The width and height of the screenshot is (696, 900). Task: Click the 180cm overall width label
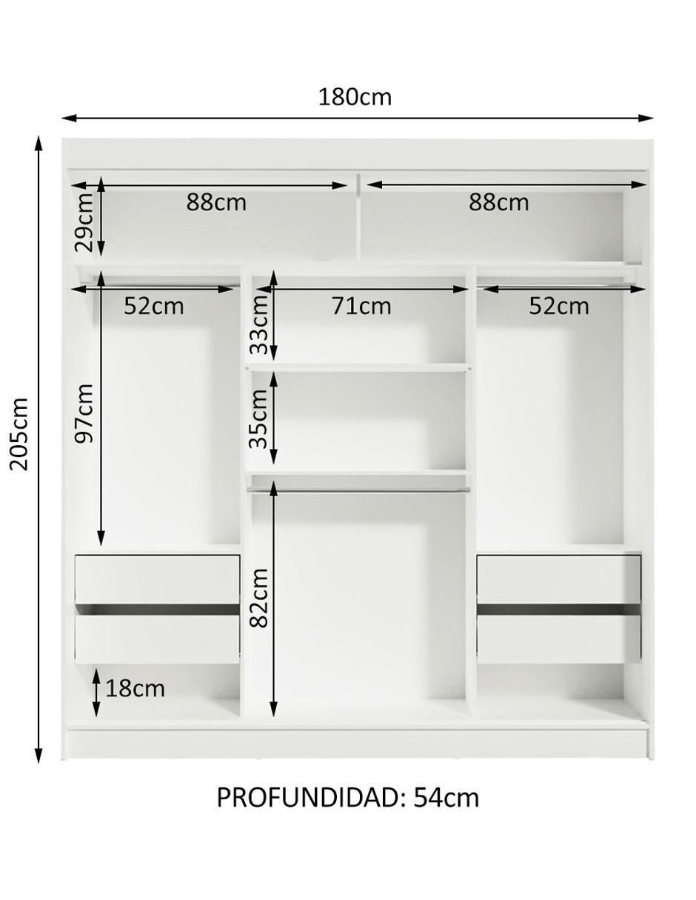pos(355,97)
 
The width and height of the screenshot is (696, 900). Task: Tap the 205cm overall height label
pos(19,434)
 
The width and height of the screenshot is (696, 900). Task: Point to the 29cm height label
pos(84,222)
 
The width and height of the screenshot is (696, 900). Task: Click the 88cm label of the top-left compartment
pos(216,202)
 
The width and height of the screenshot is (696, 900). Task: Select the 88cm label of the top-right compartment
pos(498,202)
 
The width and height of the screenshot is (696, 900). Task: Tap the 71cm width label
pos(361,306)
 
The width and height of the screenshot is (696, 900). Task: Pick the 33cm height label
pos(258,324)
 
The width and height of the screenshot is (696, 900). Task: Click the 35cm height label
pos(258,419)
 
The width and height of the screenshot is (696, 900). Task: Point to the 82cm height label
pos(258,598)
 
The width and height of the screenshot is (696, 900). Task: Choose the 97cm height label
pos(84,413)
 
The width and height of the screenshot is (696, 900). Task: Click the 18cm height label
pos(135,688)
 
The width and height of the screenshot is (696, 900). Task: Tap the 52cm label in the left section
pos(153,306)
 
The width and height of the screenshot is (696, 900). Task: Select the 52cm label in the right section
pos(558,306)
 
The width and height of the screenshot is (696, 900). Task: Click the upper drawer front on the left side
pos(157,579)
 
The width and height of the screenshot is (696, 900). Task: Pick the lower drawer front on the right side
pos(558,639)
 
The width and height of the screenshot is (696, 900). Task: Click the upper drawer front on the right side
pos(558,579)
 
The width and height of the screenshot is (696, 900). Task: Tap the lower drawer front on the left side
pos(157,639)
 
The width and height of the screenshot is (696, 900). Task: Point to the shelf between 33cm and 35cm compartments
pos(358,367)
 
